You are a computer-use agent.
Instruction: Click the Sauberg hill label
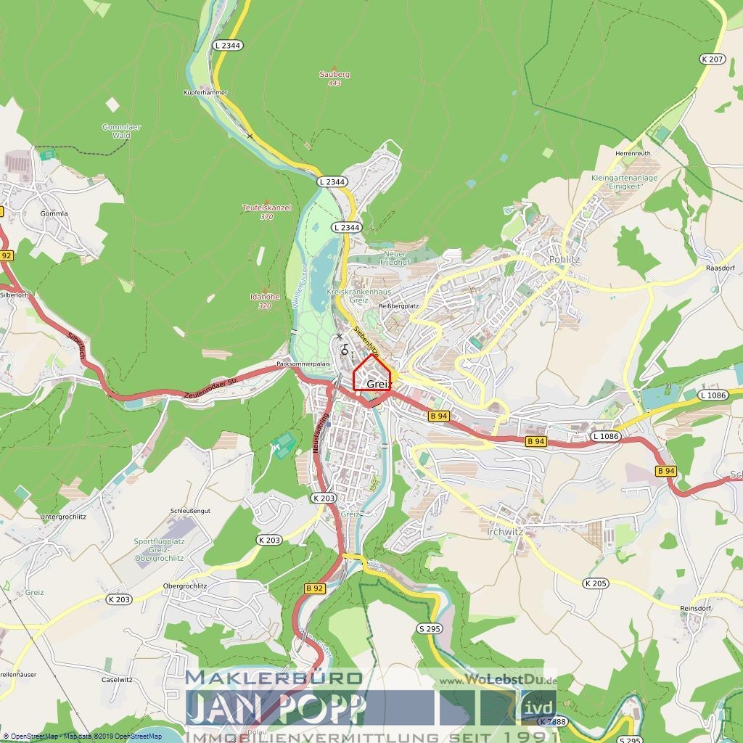pos(334,74)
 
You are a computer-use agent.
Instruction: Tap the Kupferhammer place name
pos(205,93)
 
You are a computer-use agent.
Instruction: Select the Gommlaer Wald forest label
pos(121,131)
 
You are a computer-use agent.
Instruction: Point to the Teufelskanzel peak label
pos(266,208)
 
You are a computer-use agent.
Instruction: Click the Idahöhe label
pos(265,297)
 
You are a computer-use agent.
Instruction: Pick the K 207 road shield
pos(713,59)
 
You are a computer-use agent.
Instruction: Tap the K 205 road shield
pos(595,583)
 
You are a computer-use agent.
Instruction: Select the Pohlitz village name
pos(565,259)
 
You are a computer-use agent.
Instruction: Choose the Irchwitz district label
pos(505,532)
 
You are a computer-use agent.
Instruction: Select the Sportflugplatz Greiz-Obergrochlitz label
pos(159,549)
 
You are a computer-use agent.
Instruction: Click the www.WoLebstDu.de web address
pos(497,681)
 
